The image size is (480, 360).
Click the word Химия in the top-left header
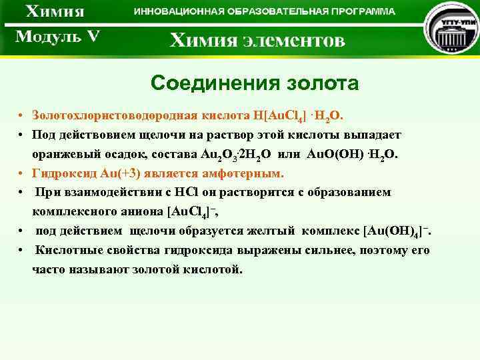pos(56,12)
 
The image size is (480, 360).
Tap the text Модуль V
pos(57,36)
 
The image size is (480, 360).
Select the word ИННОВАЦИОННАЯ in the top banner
pos(177,12)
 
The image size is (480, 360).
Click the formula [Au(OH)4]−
pos(396,231)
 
